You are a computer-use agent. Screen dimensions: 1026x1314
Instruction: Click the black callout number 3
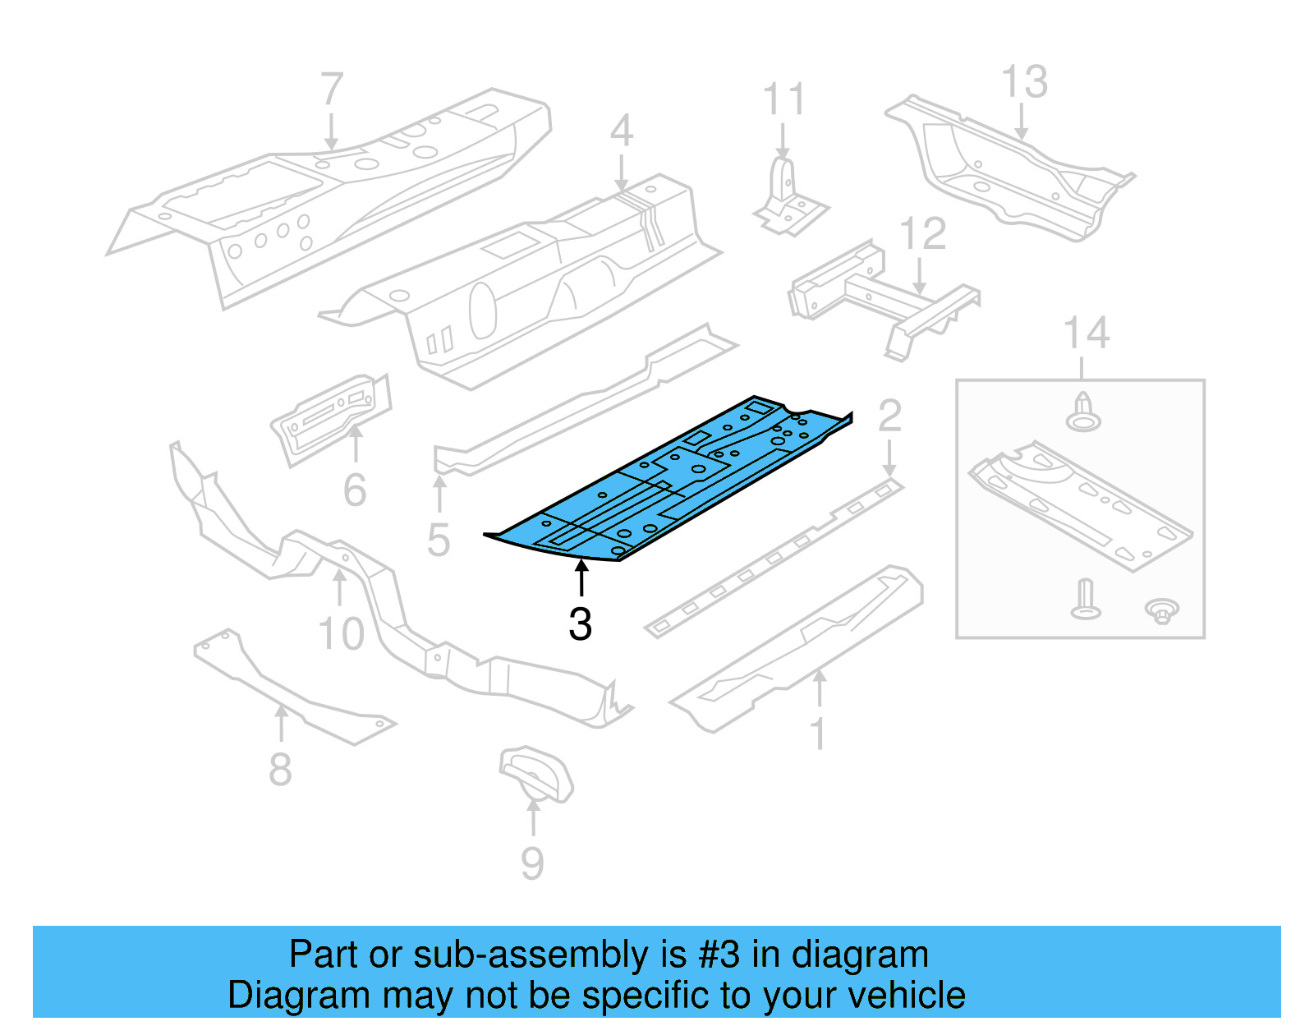pyautogui.click(x=580, y=625)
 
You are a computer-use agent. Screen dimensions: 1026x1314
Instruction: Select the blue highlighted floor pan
pyautogui.click(x=665, y=485)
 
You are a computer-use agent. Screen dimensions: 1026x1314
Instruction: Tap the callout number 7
pyautogui.click(x=331, y=89)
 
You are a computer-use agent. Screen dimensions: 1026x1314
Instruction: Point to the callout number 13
pyautogui.click(x=1024, y=82)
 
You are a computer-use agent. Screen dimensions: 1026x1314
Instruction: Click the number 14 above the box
pyautogui.click(x=1086, y=334)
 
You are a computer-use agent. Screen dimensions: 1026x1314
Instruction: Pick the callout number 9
pyautogui.click(x=532, y=863)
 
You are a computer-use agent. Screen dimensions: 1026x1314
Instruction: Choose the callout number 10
pyautogui.click(x=341, y=634)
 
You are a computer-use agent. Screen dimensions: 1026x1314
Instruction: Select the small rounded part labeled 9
pyautogui.click(x=535, y=772)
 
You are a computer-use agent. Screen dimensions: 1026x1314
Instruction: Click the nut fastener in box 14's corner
pyautogui.click(x=1162, y=611)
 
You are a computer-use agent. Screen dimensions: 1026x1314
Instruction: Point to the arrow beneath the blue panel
pyautogui.click(x=581, y=577)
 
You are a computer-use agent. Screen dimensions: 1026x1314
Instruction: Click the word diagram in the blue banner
pyautogui.click(x=860, y=955)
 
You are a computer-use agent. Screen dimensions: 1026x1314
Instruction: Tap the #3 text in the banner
pyautogui.click(x=719, y=955)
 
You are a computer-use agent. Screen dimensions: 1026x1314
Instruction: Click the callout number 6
pyautogui.click(x=355, y=490)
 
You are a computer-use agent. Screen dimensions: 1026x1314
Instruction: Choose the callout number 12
pyautogui.click(x=923, y=235)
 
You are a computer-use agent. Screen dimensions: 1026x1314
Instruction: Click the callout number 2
pyautogui.click(x=889, y=416)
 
